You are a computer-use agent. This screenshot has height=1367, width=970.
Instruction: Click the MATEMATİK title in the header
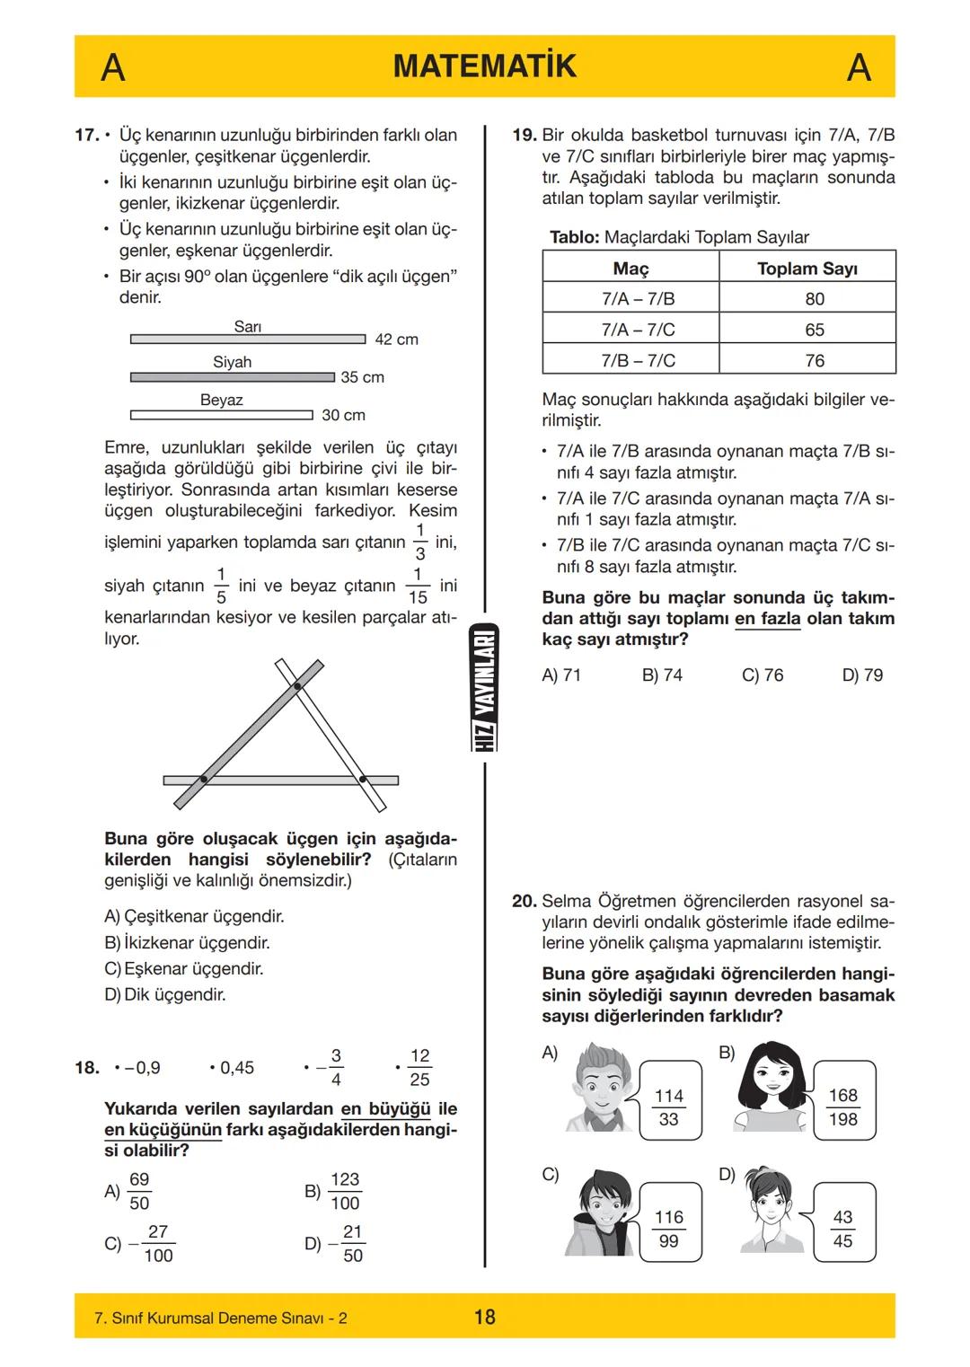coord(484,66)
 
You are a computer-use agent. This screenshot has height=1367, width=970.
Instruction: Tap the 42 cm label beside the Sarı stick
coord(396,340)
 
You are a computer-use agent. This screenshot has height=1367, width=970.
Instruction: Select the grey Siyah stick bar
coord(232,377)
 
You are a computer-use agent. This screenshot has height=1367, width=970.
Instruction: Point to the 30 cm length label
coord(343,415)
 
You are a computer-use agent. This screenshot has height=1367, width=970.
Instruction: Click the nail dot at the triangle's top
coord(297,687)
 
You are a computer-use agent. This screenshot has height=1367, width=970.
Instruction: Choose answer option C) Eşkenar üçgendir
coord(184,969)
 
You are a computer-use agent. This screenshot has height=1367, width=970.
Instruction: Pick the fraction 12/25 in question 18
coord(419,1067)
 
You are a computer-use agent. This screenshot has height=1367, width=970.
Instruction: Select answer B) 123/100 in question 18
coord(334,1191)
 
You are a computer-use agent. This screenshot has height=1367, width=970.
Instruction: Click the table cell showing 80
coord(814,299)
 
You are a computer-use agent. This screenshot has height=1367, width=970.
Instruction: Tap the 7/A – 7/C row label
coord(638,330)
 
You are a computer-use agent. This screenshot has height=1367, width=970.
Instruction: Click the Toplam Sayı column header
coord(807,269)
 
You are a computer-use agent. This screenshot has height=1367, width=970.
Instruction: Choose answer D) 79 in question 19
coord(862,675)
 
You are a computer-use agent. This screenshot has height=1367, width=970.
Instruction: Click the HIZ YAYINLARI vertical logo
coord(485,688)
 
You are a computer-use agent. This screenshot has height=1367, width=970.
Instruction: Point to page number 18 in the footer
coord(484,1317)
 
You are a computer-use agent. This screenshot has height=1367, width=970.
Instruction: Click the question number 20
coord(524,901)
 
